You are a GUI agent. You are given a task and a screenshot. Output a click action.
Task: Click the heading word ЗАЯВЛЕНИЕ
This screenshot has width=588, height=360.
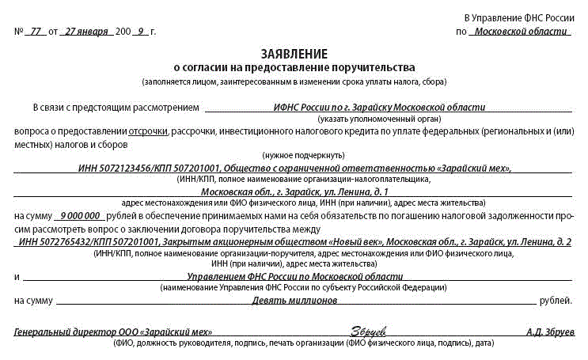294,55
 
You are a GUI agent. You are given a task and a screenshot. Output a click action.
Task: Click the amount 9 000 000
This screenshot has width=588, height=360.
78,215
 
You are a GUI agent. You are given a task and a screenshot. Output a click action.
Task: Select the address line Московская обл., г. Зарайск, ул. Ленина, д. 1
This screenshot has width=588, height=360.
294,191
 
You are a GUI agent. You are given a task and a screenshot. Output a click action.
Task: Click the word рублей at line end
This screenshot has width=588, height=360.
555,301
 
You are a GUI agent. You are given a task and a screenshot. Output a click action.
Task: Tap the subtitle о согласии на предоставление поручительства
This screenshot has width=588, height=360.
294,68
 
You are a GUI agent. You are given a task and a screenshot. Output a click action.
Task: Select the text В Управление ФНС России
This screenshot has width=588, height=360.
518,17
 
